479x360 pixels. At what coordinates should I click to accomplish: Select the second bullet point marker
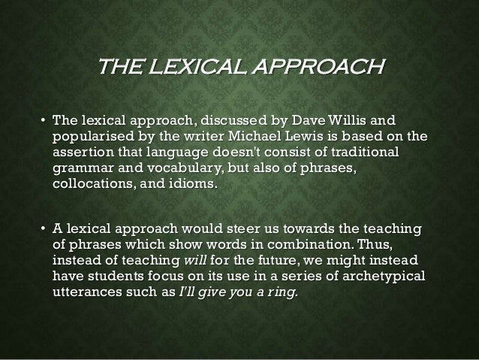(43, 228)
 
